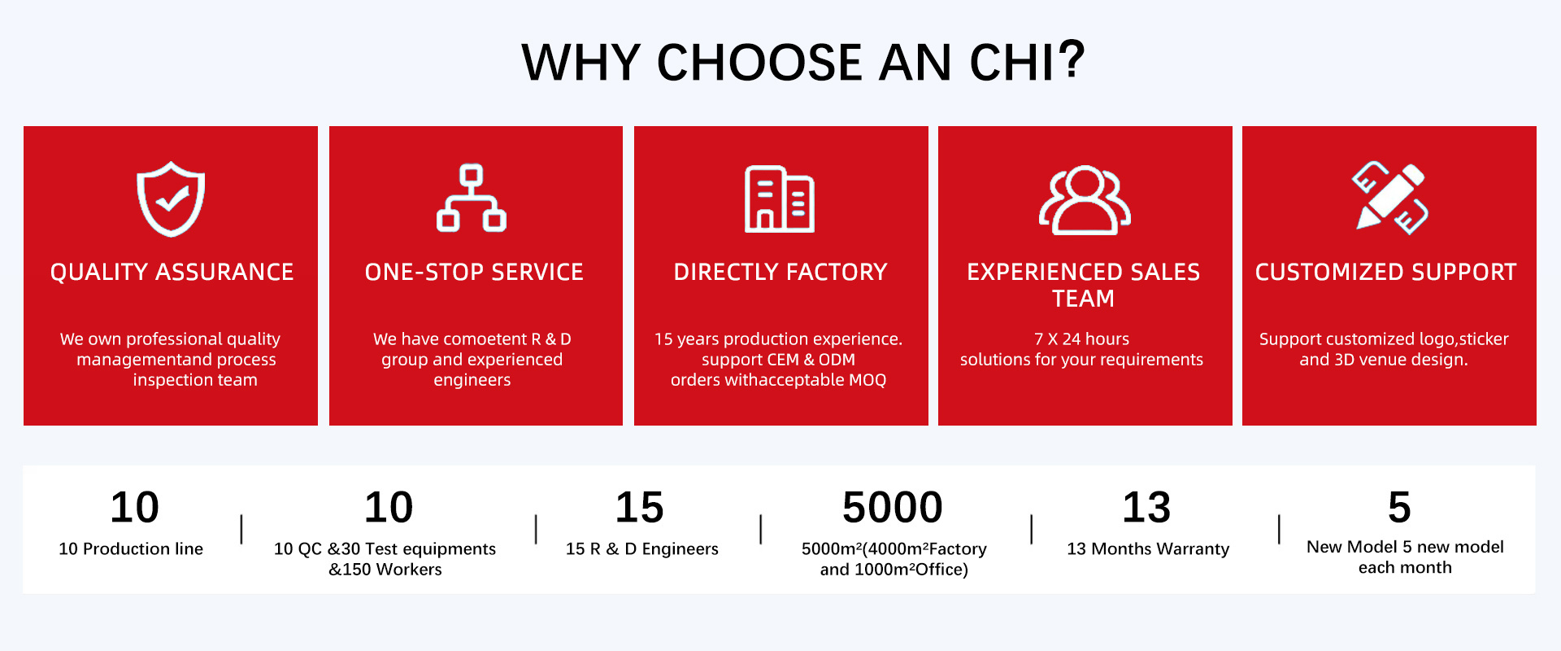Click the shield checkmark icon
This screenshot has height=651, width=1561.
click(171, 200)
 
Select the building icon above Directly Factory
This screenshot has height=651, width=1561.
click(780, 199)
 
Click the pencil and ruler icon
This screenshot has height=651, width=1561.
click(1389, 197)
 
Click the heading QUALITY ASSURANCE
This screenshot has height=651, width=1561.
click(172, 272)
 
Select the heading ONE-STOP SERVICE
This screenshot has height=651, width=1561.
click(474, 272)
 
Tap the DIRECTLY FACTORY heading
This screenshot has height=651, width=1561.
click(780, 272)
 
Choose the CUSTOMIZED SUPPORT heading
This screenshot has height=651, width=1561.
click(1386, 272)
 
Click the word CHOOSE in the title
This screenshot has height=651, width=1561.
click(759, 63)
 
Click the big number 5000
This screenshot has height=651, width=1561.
click(893, 508)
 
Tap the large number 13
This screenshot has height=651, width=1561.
click(1146, 508)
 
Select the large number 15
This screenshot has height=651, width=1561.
click(640, 508)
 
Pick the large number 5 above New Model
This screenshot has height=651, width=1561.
click(1399, 508)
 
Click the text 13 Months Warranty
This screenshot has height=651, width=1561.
click(1148, 549)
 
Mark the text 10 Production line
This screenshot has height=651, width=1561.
click(131, 549)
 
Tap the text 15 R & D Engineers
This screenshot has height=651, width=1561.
click(642, 549)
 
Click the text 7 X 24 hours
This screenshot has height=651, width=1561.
click(1081, 339)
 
